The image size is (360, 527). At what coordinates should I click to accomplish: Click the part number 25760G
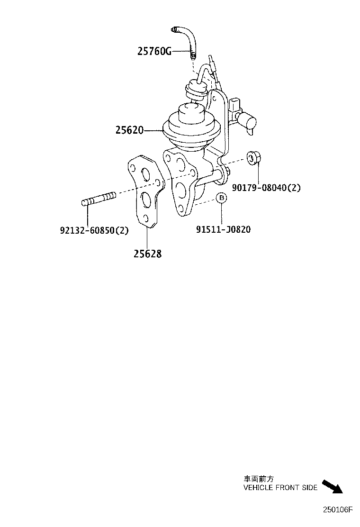pyautogui.click(x=154, y=52)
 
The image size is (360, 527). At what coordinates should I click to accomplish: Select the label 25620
pyautogui.click(x=129, y=130)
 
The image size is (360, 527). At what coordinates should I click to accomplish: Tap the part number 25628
pyautogui.click(x=147, y=254)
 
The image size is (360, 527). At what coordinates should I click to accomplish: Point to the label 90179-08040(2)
pyautogui.click(x=266, y=188)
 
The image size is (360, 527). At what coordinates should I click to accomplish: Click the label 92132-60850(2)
pyautogui.click(x=94, y=230)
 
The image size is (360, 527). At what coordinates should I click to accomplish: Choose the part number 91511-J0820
pyautogui.click(x=223, y=229)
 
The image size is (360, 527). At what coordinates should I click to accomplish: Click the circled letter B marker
pyautogui.click(x=221, y=198)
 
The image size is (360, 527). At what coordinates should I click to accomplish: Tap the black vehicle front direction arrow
pyautogui.click(x=333, y=487)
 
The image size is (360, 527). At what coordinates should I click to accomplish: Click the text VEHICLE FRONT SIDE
pyautogui.click(x=280, y=487)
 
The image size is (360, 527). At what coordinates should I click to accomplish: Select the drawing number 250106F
pyautogui.click(x=338, y=510)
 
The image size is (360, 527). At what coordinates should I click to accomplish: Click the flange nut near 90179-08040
pyautogui.click(x=254, y=158)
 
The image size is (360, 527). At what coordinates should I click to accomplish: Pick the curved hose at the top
pyautogui.click(x=188, y=40)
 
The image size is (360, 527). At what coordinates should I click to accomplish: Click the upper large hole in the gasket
pyautogui.click(x=146, y=174)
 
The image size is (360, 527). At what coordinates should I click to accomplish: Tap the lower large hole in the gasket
pyautogui.click(x=146, y=199)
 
